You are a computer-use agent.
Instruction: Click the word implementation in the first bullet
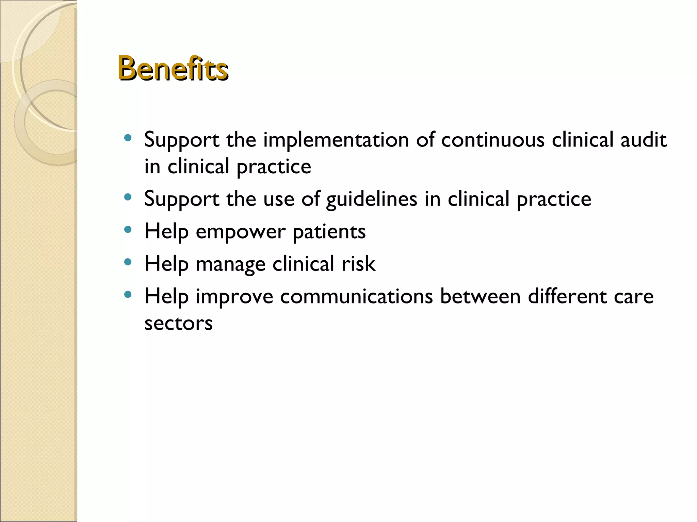click(336, 140)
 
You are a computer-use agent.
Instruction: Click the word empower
click(240, 232)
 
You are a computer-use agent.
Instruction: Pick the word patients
click(329, 232)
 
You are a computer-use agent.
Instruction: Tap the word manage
click(230, 265)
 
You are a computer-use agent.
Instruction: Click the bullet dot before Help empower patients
click(128, 229)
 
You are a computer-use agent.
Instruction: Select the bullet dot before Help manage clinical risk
click(128, 262)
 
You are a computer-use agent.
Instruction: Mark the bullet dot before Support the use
click(128, 197)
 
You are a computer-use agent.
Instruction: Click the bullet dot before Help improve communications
click(128, 294)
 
